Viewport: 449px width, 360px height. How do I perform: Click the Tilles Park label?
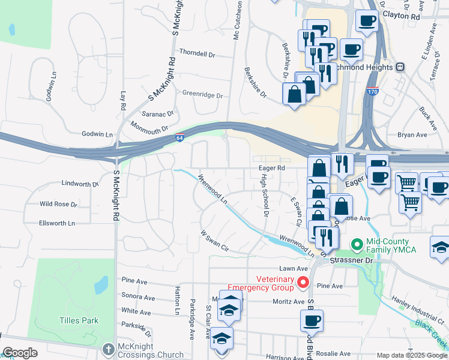pyautogui.click(x=79, y=320)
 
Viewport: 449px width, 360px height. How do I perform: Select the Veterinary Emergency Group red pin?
pyautogui.click(x=303, y=282)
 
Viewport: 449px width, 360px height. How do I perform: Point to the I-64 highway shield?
pyautogui.click(x=179, y=138)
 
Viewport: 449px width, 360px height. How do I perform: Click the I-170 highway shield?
pyautogui.click(x=372, y=92)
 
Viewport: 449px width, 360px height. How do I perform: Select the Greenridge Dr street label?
pyautogui.click(x=202, y=95)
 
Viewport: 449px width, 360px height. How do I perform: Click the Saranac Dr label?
pyautogui.click(x=157, y=113)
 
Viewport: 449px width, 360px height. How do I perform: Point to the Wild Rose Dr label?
pyautogui.click(x=58, y=204)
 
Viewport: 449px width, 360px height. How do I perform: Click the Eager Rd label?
pyautogui.click(x=271, y=169)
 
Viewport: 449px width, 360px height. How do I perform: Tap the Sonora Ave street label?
pyautogui.click(x=138, y=298)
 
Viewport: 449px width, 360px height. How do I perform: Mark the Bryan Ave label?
pyautogui.click(x=412, y=135)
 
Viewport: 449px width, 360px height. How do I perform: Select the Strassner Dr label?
pyautogui.click(x=351, y=261)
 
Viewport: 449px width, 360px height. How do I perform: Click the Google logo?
pyautogui.click(x=20, y=353)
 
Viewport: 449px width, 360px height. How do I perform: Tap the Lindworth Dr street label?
pyautogui.click(x=79, y=184)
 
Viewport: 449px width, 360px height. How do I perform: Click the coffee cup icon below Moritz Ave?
pyautogui.click(x=312, y=320)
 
